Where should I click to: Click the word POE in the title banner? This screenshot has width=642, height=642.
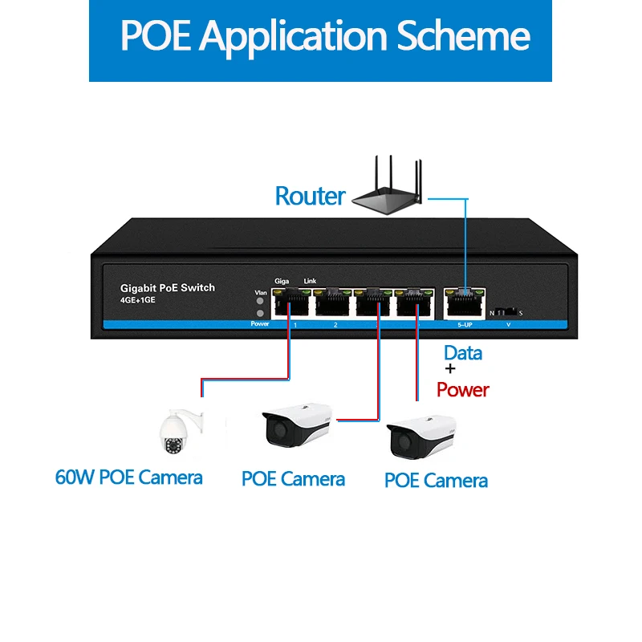(x=156, y=36)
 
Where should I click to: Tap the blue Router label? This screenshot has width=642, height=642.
(x=310, y=196)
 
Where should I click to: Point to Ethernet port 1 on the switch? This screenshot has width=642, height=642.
(x=291, y=303)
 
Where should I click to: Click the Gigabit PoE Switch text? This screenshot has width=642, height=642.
(x=167, y=287)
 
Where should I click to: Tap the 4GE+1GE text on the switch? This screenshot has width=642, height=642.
(x=137, y=300)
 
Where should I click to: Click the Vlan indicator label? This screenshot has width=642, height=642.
(x=260, y=292)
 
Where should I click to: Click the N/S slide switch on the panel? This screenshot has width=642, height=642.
(x=506, y=310)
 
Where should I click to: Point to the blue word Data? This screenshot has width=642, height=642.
(x=463, y=353)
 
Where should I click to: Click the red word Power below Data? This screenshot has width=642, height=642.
(x=462, y=390)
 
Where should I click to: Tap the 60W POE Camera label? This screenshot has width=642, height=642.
(x=128, y=477)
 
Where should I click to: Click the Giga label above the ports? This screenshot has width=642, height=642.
(x=282, y=280)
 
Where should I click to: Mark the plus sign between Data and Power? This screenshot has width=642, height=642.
(x=449, y=370)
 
